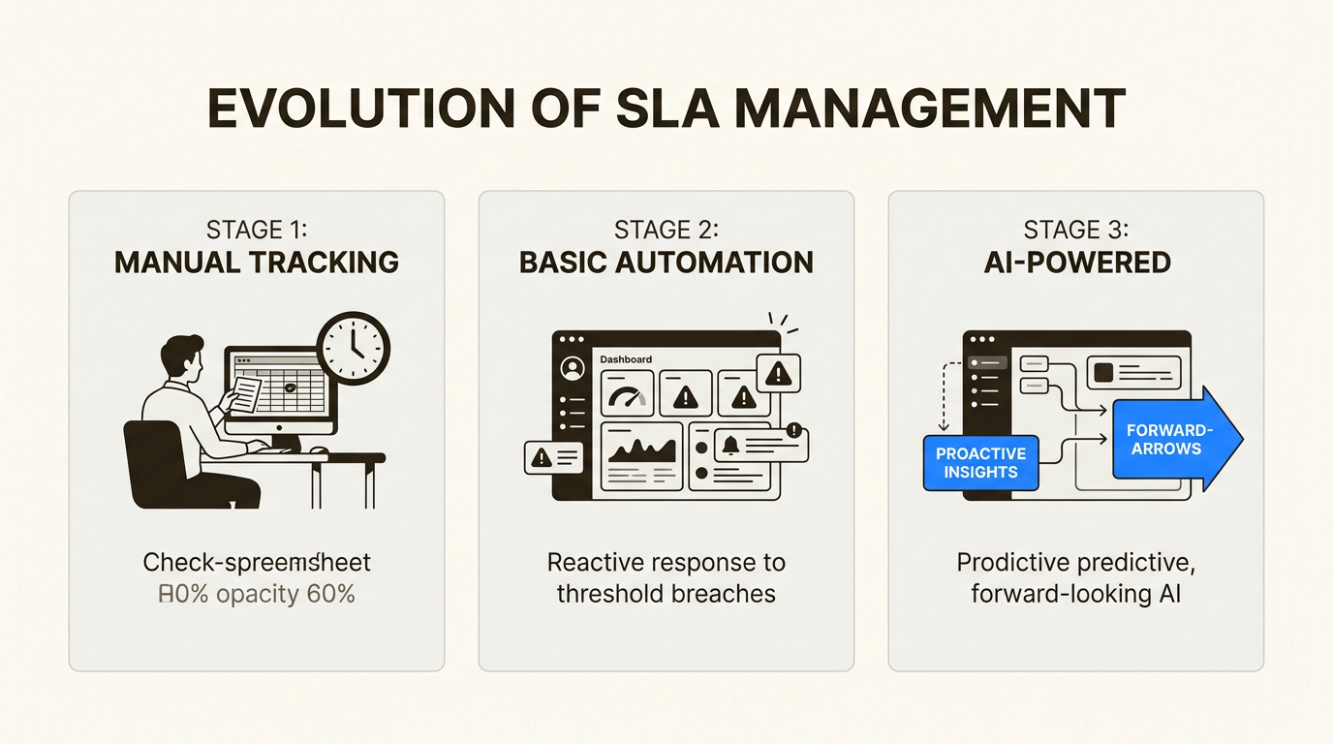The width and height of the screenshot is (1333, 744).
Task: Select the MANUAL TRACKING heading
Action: (257, 262)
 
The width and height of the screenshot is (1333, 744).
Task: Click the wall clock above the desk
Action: (355, 347)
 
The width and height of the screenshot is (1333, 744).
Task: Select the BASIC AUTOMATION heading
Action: (666, 262)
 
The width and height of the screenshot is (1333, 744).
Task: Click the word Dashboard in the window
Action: (625, 359)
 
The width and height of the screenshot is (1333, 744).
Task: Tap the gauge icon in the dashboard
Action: (628, 393)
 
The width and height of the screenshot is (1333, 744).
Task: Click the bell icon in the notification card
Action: (731, 445)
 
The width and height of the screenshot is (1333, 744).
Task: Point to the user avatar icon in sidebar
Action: (573, 369)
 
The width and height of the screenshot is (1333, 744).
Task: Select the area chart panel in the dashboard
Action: (640, 454)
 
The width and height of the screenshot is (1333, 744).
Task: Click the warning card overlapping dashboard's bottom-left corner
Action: (553, 457)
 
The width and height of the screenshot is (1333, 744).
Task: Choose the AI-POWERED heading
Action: (1076, 262)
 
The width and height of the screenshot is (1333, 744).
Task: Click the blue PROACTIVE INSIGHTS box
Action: (980, 463)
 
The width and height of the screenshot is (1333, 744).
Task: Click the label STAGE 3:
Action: (1076, 230)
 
